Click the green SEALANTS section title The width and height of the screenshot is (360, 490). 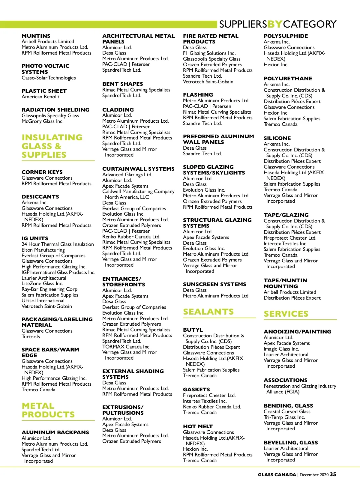tap(208, 312)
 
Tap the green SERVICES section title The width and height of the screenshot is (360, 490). tap(286, 314)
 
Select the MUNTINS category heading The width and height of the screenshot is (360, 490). tap(36, 36)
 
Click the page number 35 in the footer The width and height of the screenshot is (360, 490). tap(333, 474)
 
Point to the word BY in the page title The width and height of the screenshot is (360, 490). tap(274, 24)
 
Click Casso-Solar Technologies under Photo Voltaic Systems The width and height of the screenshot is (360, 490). tap(49, 78)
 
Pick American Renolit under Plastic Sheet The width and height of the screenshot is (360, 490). tap(40, 97)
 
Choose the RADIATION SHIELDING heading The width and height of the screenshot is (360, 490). tap(55, 110)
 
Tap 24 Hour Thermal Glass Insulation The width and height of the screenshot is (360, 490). tap(58, 244)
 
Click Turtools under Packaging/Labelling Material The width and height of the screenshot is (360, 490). tap(31, 337)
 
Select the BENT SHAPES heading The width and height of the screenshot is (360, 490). tap(123, 84)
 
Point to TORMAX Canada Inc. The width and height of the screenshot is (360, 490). tap(126, 347)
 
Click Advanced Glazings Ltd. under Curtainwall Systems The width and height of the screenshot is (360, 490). tap(127, 175)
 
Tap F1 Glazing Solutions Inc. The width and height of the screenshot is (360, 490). tap(209, 53)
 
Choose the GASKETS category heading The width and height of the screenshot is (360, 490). tap(196, 390)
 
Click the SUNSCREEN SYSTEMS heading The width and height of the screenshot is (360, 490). tap(214, 284)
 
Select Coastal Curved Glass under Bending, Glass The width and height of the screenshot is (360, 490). tap(287, 412)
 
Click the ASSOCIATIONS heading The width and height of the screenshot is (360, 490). tap(286, 380)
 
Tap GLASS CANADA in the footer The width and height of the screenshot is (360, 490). tap(277, 475)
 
